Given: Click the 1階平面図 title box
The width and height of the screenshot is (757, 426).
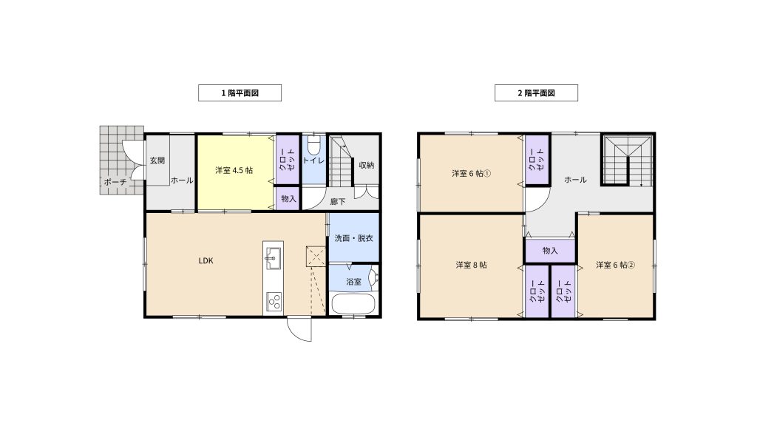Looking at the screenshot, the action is [240, 92].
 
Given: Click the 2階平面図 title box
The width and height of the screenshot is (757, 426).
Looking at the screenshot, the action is [536, 92].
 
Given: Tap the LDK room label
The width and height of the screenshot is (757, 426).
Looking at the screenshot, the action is [206, 261].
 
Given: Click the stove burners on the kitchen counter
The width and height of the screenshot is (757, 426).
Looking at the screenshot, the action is [274, 302].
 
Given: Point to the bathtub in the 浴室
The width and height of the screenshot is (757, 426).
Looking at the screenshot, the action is [353, 304].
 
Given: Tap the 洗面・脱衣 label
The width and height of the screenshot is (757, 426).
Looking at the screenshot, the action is [354, 238].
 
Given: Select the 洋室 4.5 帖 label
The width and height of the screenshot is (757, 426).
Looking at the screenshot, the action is [234, 170].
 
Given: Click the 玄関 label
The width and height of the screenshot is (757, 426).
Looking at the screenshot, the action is [157, 160].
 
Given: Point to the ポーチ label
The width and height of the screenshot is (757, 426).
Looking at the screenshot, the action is [115, 182].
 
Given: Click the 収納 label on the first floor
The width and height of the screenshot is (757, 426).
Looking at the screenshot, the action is [367, 165].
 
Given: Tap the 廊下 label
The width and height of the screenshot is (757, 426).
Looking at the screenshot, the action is [338, 201].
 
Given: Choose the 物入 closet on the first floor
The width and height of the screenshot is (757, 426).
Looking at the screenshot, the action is [288, 198].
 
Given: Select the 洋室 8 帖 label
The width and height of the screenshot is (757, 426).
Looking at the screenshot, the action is [471, 265].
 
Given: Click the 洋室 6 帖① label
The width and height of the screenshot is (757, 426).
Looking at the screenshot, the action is [471, 173].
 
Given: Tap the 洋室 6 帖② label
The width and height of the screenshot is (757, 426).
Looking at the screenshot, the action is [615, 265].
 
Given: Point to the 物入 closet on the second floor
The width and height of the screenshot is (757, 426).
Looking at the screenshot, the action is [550, 251].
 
